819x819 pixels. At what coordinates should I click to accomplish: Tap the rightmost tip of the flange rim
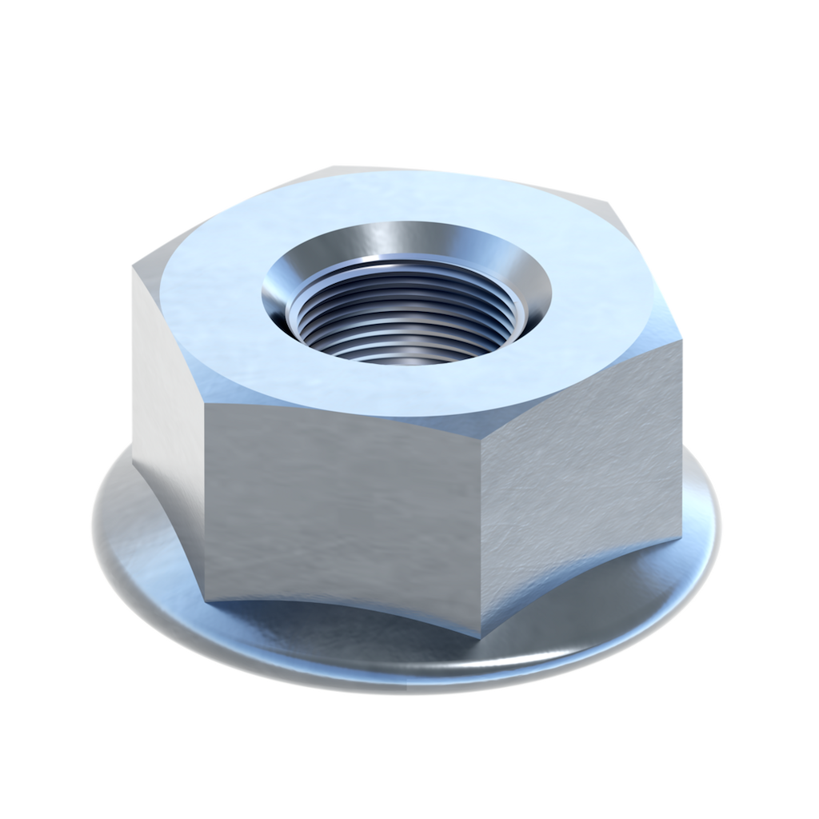point(723,520)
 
